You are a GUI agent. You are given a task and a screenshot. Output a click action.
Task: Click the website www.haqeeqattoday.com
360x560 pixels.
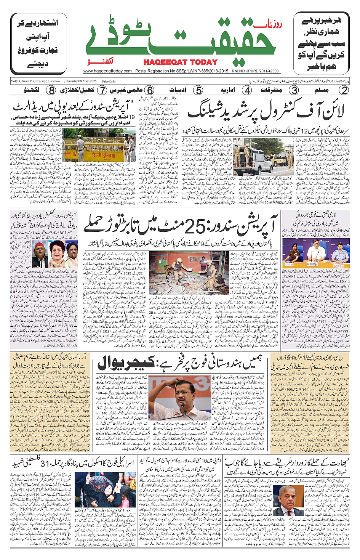click(107, 71)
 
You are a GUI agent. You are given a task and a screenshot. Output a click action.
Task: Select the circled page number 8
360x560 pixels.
click(51, 90)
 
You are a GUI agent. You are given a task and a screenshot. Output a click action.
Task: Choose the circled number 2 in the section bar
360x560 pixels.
click(344, 90)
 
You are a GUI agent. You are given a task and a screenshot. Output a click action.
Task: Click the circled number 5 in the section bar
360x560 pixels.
click(198, 90)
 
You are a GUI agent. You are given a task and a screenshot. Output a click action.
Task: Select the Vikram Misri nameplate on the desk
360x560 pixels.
click(312, 264)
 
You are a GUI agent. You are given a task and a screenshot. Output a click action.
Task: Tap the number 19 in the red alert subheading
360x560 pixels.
click(131, 117)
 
